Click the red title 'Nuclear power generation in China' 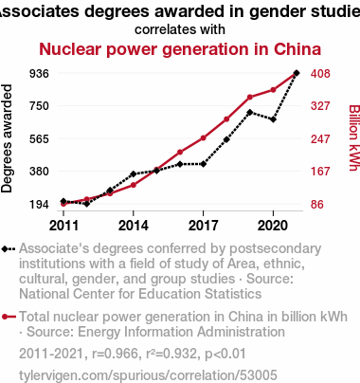(x=180, y=49)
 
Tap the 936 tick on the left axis (x=39, y=74)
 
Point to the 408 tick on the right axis (x=320, y=74)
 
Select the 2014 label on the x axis (x=134, y=226)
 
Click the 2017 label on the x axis (x=203, y=226)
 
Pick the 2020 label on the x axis (x=273, y=226)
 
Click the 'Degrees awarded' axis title (x=7, y=138)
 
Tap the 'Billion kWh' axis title (x=354, y=137)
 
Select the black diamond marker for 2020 (x=273, y=119)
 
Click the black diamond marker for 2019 (x=250, y=112)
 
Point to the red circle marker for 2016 (x=180, y=152)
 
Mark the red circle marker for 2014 (x=134, y=185)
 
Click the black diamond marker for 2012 (x=87, y=204)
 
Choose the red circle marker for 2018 (x=226, y=119)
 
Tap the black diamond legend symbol (x=9, y=249)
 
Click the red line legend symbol (x=9, y=317)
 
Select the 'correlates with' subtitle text (x=180, y=29)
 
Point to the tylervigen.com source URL (x=148, y=375)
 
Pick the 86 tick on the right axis (x=317, y=205)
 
